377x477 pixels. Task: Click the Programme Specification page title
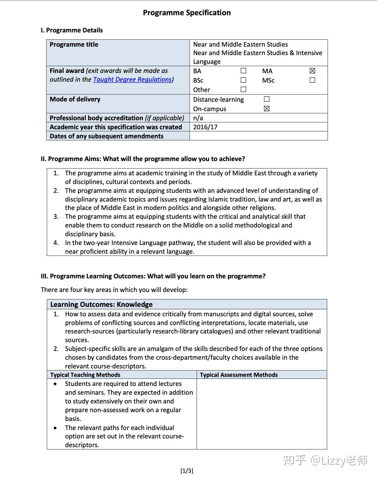point(187,13)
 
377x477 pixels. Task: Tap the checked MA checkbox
point(312,71)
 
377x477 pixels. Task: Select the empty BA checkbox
point(243,71)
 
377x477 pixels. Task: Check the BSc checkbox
point(243,80)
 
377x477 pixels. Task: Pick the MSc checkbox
point(312,80)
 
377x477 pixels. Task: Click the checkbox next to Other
point(243,89)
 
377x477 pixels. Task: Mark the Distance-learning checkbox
point(267,99)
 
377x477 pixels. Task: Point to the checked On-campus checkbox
point(267,109)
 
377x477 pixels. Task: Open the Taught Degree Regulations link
point(132,79)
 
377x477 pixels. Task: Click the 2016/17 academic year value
point(205,127)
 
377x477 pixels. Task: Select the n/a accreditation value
point(198,118)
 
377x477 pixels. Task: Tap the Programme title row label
point(74,44)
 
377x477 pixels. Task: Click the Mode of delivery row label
point(75,99)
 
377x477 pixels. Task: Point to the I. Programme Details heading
point(72,30)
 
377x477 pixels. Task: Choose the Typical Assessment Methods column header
point(239,375)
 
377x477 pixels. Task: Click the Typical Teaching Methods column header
point(85,375)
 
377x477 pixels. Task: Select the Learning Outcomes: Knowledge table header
point(101,304)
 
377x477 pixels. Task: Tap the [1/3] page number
point(187,471)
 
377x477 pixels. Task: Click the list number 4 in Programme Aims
point(56,243)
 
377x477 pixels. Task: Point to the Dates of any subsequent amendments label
point(107,136)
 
